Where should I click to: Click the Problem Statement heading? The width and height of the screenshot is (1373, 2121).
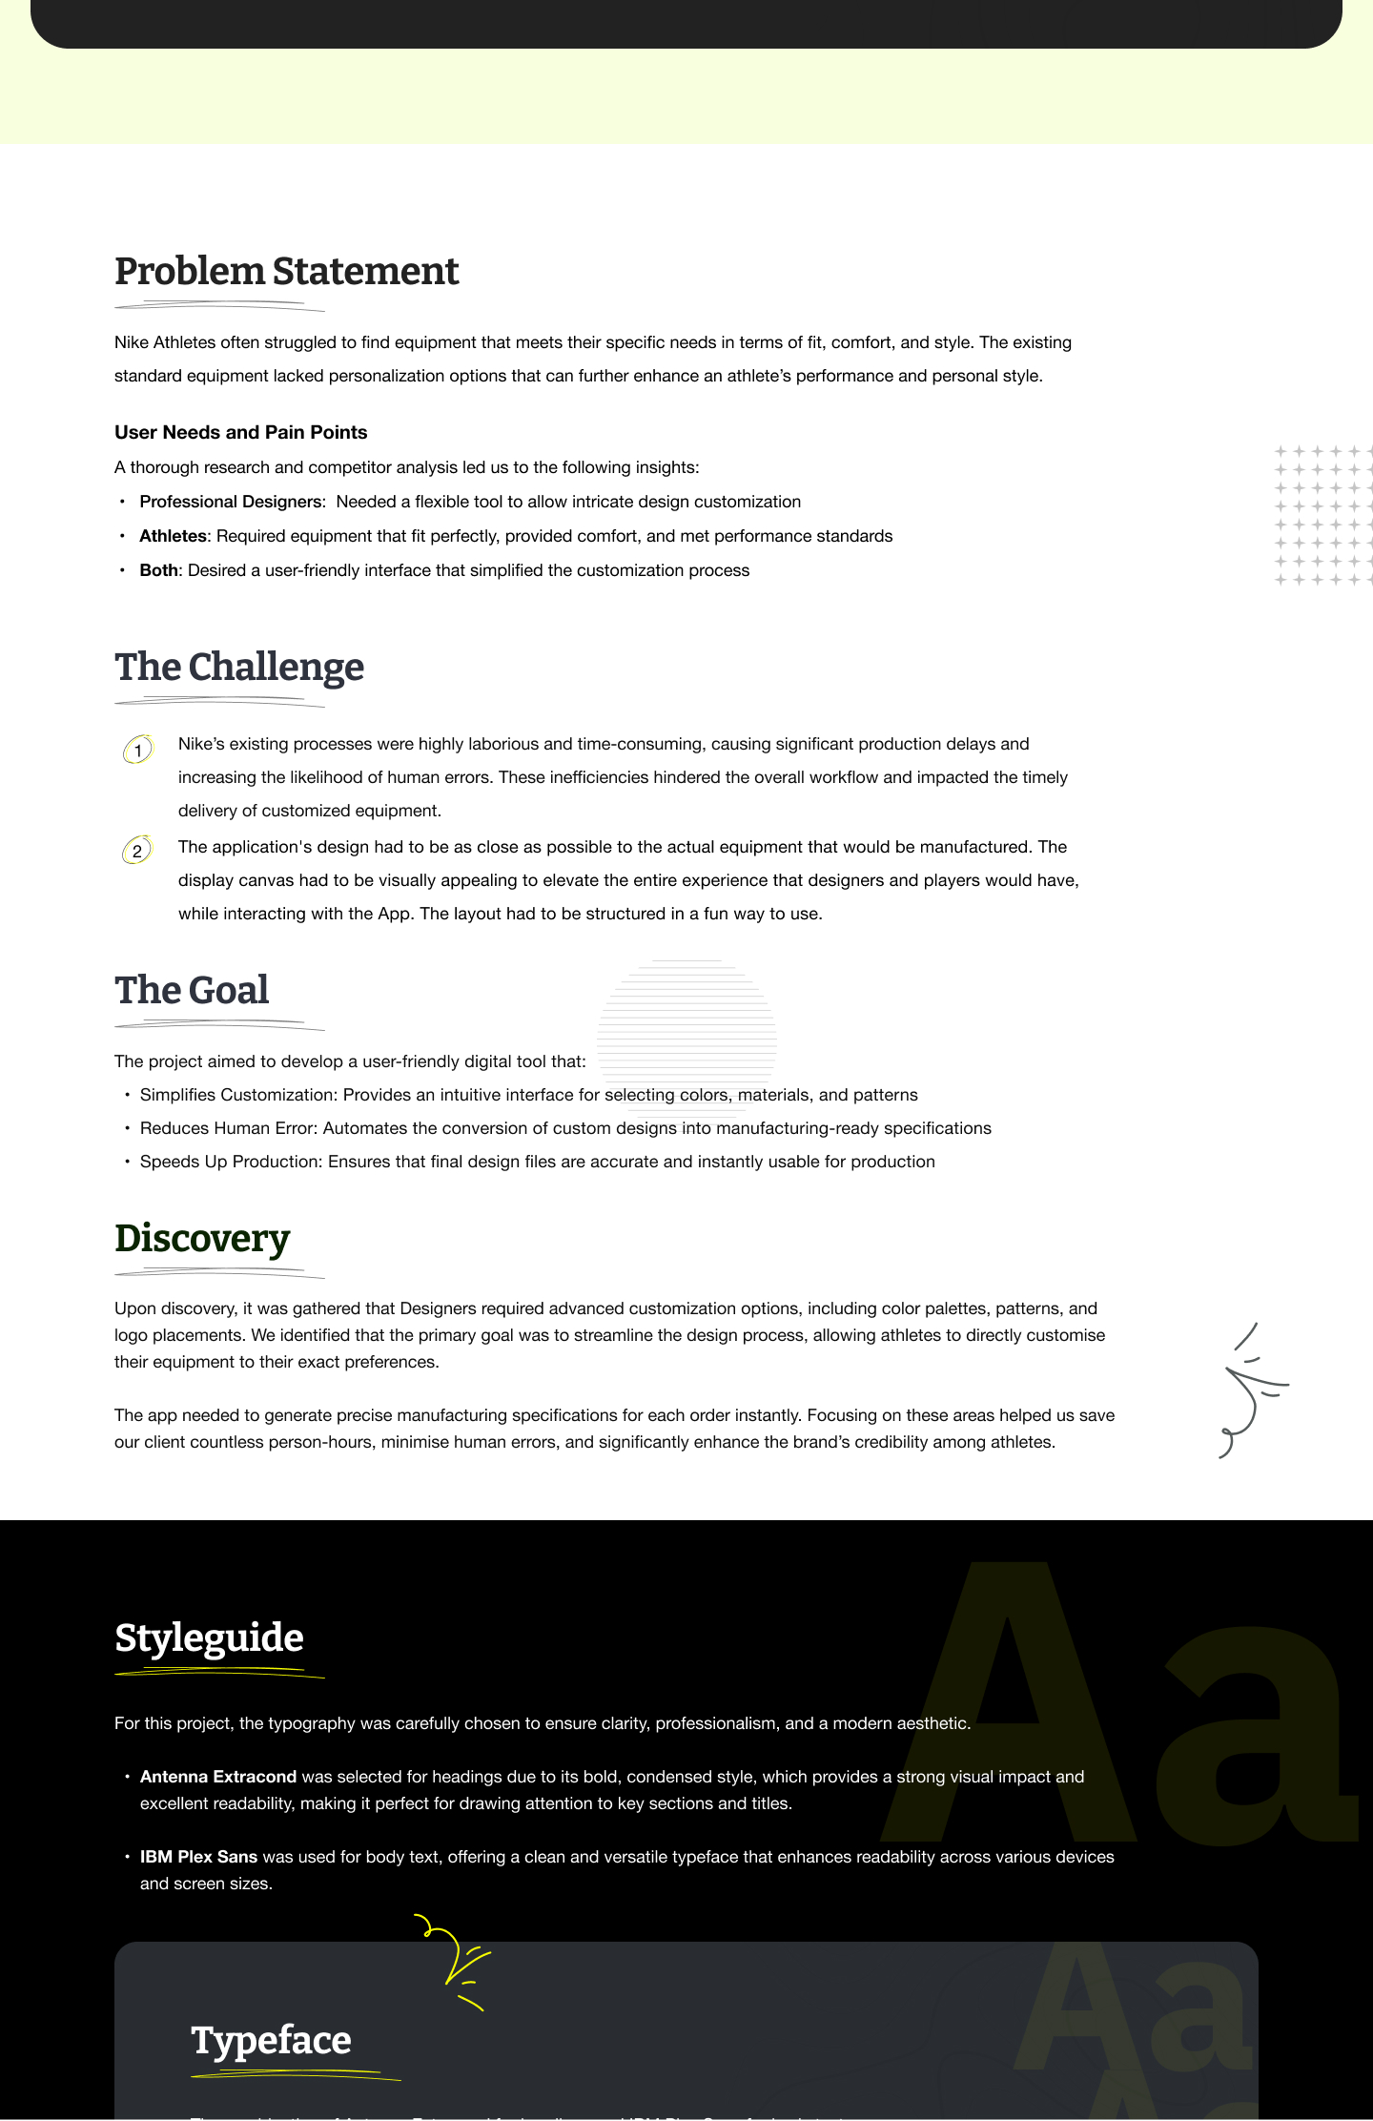click(286, 272)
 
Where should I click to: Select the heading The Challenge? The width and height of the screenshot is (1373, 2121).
click(239, 668)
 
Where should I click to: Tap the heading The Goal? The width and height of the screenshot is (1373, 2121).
click(192, 991)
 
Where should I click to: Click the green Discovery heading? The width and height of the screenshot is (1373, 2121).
click(202, 1239)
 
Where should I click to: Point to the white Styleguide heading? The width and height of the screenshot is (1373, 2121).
click(209, 1638)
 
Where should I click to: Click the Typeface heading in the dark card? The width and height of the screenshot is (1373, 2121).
click(271, 2041)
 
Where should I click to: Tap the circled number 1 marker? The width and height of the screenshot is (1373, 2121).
click(137, 751)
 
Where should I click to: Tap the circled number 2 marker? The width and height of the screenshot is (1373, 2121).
click(137, 851)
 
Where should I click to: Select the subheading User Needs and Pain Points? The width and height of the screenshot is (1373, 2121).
click(240, 432)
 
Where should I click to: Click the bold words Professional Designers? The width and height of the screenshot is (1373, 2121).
click(230, 502)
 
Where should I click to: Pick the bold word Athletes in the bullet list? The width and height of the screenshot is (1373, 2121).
click(173, 536)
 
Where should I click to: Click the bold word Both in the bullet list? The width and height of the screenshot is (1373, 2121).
click(158, 570)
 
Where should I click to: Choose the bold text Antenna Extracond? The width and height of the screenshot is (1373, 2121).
click(218, 1777)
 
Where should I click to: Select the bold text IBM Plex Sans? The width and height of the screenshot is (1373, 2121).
click(198, 1857)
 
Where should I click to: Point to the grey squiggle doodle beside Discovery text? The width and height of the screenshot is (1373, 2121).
click(1251, 1390)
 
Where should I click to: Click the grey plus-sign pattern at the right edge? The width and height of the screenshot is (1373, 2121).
click(1322, 515)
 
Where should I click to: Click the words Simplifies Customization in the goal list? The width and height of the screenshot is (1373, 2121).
click(238, 1095)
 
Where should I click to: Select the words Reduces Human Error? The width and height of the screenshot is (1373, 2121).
click(228, 1128)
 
